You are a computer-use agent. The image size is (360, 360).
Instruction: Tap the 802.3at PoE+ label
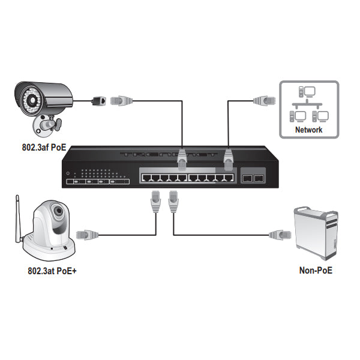[52, 271]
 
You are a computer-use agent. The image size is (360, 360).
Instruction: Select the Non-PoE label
[316, 271]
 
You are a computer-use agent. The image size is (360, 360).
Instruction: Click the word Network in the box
[309, 130]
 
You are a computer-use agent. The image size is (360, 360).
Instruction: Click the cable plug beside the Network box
[262, 100]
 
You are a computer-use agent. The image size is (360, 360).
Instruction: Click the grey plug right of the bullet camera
[120, 100]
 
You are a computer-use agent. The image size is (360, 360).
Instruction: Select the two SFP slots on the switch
[252, 178]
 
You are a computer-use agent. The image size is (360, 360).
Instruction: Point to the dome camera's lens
[57, 211]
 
